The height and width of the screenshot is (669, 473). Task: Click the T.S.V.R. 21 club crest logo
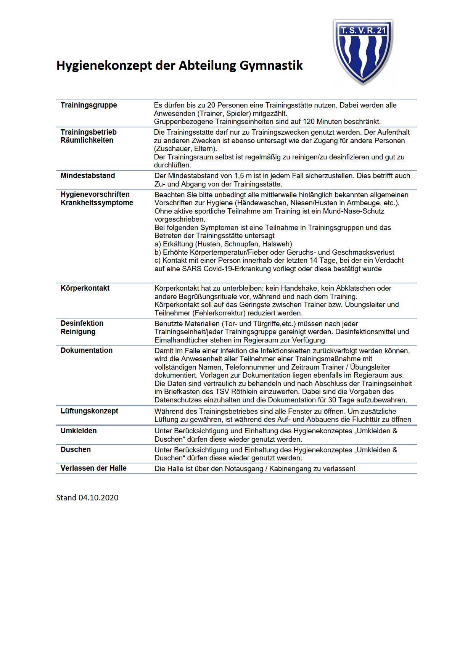coord(363,51)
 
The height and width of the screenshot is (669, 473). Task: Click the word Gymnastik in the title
coord(271,66)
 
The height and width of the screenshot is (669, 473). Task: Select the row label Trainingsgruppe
coord(88,105)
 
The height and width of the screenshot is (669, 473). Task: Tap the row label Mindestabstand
coord(88,176)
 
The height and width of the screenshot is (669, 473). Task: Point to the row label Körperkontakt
coord(85,288)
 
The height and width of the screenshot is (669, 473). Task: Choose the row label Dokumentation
coord(87,351)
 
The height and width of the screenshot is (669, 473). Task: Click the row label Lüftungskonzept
coord(89,411)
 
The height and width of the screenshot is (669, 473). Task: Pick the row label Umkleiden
coord(79,431)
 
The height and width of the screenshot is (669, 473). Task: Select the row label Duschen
coord(76,450)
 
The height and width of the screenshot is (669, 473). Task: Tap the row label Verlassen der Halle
coord(93,468)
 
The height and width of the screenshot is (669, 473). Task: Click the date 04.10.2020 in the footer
coord(98,498)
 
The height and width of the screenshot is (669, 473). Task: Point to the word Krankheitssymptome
coord(97,203)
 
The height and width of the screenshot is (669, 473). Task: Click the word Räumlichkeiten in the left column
coord(87,140)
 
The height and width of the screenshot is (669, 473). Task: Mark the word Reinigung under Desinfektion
coord(78,332)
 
